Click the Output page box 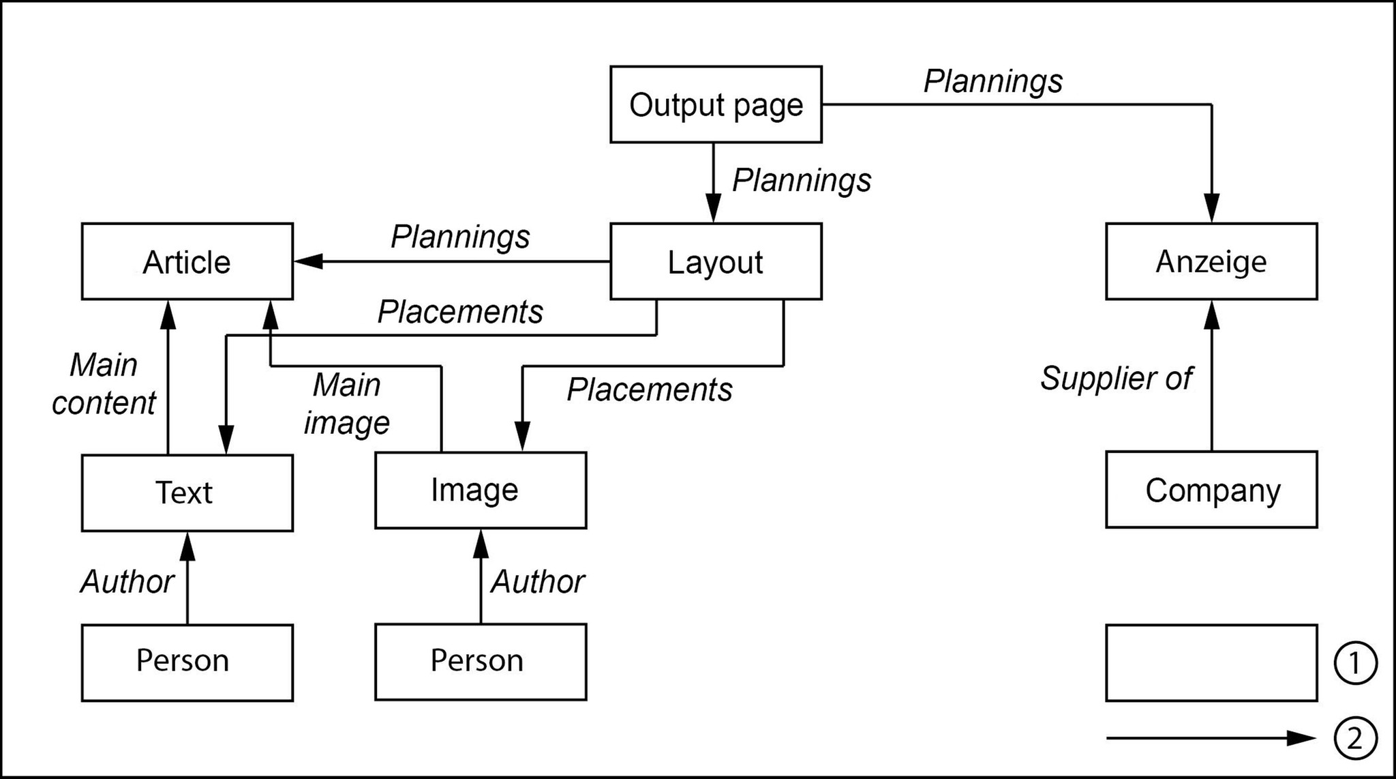(716, 104)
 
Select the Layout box (716, 261)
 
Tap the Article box (187, 261)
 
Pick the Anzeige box (1211, 261)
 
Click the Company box (1211, 489)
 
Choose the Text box (187, 493)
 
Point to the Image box (480, 490)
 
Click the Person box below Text (187, 662)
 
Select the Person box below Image (480, 662)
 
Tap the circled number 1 (1355, 662)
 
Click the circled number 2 (1355, 738)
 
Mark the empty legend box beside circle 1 (1211, 662)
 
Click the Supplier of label (1116, 379)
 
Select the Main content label (104, 384)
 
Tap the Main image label (347, 404)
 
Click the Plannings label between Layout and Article (460, 237)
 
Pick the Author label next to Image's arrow (537, 582)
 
